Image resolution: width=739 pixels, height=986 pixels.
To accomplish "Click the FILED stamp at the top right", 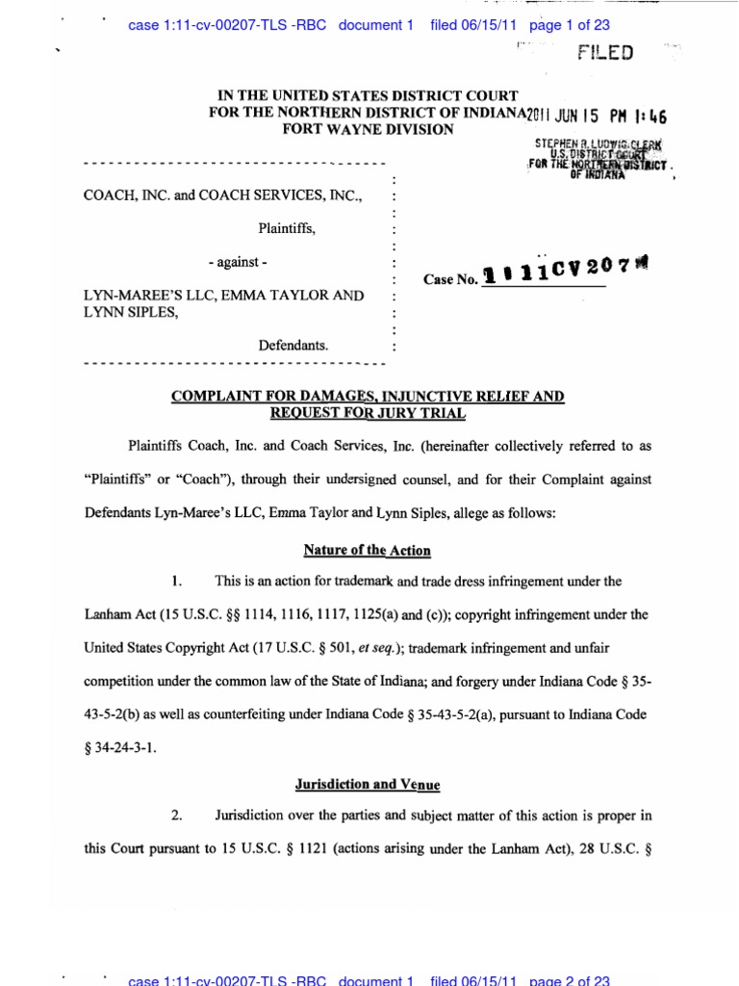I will pos(605,53).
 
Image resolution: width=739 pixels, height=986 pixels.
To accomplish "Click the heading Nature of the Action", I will pos(367,551).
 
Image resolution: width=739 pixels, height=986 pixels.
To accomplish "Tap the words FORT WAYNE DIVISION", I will pos(367,129).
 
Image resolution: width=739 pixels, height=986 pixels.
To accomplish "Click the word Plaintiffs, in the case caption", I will pos(286,229).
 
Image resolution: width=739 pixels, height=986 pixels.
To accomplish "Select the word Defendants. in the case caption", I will pos(293,344).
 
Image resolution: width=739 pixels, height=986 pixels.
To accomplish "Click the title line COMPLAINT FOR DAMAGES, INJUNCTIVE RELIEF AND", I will pos(368,397).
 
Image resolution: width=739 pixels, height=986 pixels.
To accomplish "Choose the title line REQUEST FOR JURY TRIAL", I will pos(368,413).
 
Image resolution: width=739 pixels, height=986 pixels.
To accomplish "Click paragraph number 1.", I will pos(176,582).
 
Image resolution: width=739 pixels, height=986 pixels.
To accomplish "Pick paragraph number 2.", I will pos(176,817).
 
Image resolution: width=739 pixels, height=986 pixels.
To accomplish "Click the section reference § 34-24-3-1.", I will pos(120,747).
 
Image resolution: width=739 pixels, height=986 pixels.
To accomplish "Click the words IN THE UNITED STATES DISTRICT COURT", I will pos(368,96).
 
